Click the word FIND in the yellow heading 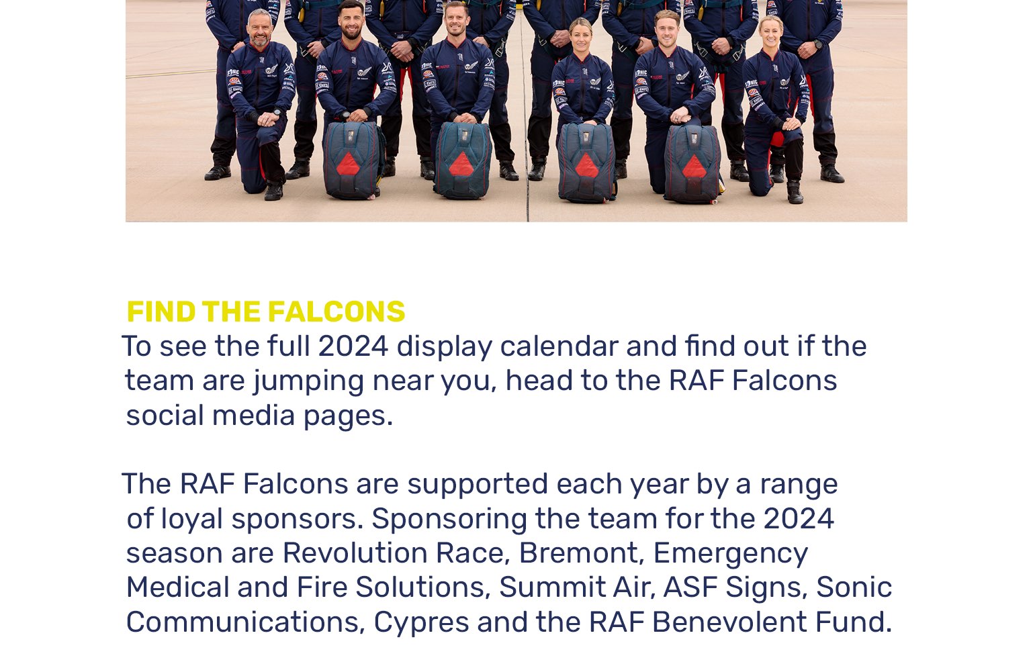pos(161,312)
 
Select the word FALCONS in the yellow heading pos(336,312)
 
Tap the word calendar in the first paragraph pos(559,346)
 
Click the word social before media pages pos(165,416)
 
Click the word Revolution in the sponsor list pos(355,553)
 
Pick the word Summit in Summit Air pos(552,587)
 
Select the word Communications pos(246,622)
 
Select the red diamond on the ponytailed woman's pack pos(586,166)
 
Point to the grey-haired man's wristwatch pos(277,111)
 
